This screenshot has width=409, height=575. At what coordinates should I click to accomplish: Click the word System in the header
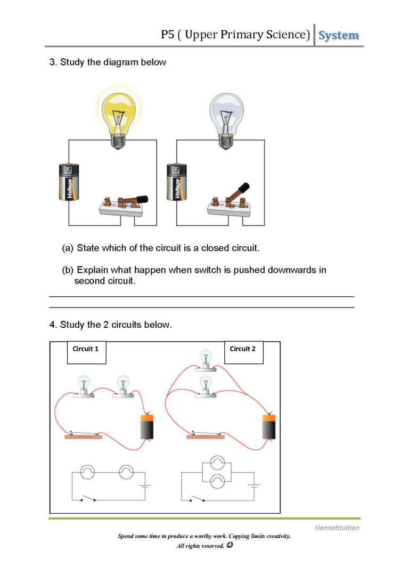click(339, 36)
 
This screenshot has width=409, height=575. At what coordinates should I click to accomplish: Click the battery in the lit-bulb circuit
click(69, 182)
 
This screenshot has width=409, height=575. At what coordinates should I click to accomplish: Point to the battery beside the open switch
click(177, 182)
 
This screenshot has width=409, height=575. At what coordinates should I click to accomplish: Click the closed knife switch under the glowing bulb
click(122, 205)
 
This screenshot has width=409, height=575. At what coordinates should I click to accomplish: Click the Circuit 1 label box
click(86, 352)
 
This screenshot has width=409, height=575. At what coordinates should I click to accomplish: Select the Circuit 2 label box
click(243, 352)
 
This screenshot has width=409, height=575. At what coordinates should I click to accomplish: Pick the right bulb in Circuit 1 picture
click(123, 386)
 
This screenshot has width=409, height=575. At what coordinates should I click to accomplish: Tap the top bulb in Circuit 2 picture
click(205, 360)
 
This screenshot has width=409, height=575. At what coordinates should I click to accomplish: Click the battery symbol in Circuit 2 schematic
click(255, 485)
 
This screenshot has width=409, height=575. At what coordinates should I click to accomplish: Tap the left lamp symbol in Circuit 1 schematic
click(87, 472)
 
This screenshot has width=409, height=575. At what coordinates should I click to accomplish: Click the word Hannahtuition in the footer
click(337, 528)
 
